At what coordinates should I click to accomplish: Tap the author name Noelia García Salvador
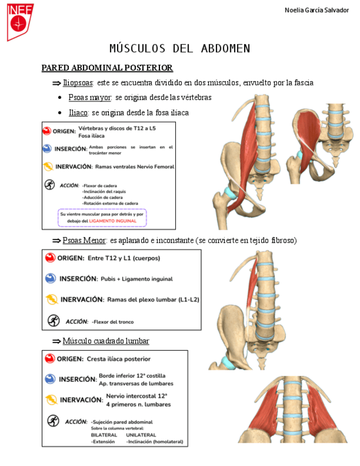(x=317, y=10)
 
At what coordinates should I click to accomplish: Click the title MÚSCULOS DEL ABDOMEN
(x=180, y=48)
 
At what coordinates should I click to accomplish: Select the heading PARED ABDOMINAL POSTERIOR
(x=107, y=68)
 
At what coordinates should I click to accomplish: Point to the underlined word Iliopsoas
(x=77, y=83)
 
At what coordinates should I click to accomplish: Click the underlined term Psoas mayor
(x=90, y=97)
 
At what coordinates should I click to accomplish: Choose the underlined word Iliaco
(x=78, y=113)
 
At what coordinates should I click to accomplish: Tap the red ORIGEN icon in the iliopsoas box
(x=47, y=131)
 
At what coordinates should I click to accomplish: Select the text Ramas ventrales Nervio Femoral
(x=135, y=167)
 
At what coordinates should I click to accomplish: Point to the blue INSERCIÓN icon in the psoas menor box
(x=50, y=279)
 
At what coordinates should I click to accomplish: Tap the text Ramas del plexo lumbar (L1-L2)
(x=153, y=299)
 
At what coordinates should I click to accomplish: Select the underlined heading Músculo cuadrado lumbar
(x=106, y=341)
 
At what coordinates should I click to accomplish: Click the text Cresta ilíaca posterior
(x=118, y=359)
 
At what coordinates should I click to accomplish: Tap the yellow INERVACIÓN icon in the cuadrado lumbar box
(x=51, y=400)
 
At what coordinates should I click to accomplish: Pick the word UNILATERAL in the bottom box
(x=141, y=434)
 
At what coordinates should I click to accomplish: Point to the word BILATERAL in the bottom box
(x=104, y=434)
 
